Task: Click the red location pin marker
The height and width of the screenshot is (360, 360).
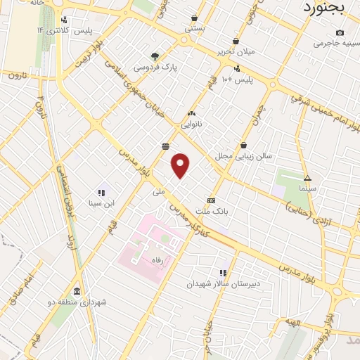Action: point(181,165)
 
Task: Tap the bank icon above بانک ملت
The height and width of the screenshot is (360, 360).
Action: point(211,200)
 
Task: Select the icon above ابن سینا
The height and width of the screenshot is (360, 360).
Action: point(101,192)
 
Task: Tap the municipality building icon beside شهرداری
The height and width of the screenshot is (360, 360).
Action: point(76,292)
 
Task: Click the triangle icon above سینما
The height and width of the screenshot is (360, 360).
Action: point(307,178)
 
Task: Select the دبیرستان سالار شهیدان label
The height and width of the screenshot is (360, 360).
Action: point(214,284)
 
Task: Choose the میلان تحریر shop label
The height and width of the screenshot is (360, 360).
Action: point(236,52)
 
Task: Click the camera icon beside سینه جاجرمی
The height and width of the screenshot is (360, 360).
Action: point(340,33)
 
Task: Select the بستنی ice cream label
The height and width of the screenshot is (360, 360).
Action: point(195,30)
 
